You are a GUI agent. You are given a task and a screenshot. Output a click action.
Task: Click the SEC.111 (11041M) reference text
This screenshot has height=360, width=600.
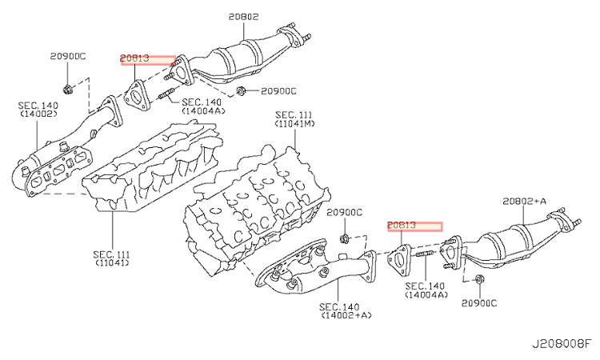coord(295,119)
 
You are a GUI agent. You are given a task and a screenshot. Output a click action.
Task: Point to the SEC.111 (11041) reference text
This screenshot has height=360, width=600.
coord(113,258)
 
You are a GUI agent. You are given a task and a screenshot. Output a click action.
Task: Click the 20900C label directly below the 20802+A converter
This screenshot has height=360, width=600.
coord(478,303)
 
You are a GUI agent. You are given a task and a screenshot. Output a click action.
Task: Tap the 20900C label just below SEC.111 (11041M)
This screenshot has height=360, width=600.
coord(344,212)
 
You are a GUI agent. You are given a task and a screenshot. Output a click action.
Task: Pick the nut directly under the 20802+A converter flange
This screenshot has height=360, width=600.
coord(479,279)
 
